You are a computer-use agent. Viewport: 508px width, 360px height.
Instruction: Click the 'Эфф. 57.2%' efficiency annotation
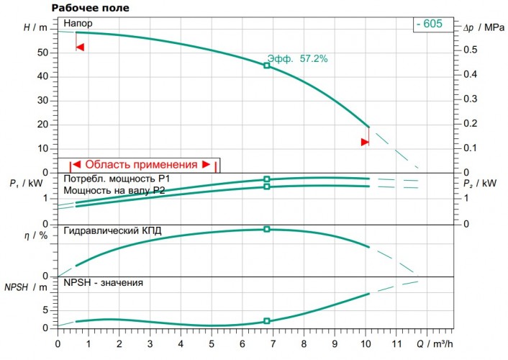tap(297, 59)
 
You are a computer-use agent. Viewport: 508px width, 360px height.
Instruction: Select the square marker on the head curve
tap(267, 66)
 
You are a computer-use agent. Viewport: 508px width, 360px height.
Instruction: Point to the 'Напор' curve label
tap(78, 24)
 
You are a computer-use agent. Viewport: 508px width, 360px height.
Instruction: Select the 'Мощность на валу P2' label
tap(115, 190)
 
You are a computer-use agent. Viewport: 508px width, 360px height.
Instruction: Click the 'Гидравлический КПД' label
tap(112, 231)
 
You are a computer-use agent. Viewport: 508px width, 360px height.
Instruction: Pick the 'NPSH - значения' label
tap(103, 283)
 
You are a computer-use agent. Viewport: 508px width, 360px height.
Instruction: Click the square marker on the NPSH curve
tap(267, 321)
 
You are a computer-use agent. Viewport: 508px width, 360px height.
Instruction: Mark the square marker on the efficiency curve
tap(267, 229)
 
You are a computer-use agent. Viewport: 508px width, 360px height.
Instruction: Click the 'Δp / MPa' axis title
tap(478, 27)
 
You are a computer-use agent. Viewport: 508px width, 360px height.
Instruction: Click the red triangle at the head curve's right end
tap(365, 142)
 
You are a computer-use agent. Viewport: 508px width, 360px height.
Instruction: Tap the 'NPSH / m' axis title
tap(24, 287)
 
